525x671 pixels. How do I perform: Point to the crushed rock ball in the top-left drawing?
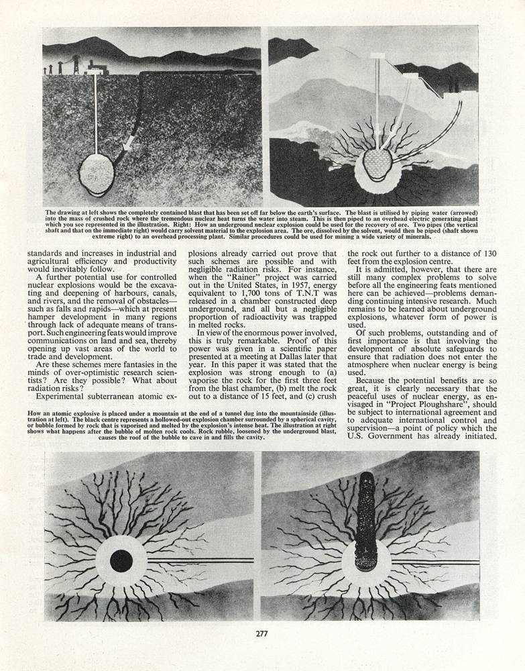tap(97, 174)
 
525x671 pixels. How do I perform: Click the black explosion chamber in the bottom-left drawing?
tap(121, 561)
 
